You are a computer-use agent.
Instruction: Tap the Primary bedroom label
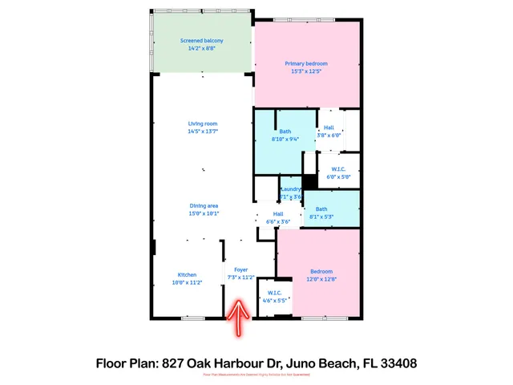[x=306, y=63]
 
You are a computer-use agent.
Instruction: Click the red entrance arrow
[x=238, y=318]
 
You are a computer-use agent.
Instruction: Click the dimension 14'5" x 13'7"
[x=203, y=131]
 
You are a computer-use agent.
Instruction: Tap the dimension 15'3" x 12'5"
[x=306, y=71]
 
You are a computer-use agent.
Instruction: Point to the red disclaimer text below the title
[x=256, y=375]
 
